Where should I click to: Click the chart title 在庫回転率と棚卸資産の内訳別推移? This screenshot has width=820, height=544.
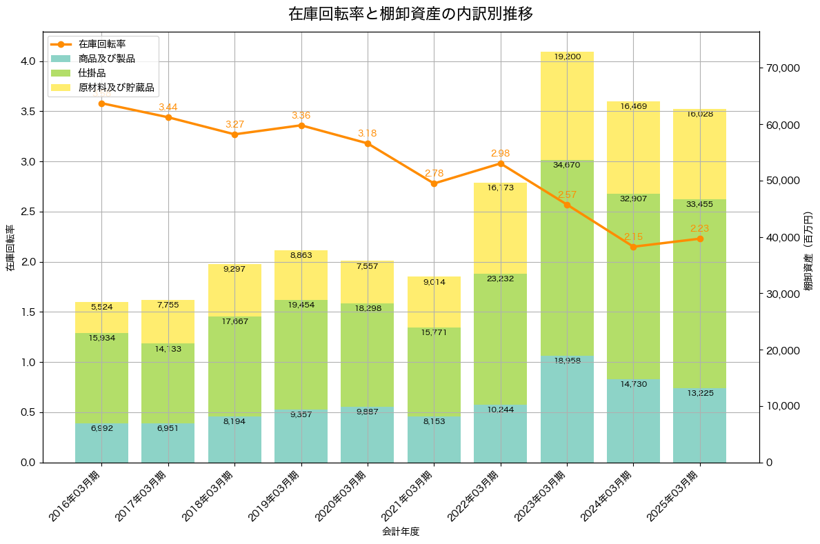[x=410, y=14]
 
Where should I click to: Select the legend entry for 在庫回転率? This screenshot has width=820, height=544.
[x=112, y=45]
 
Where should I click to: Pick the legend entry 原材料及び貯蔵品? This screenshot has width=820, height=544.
[x=116, y=88]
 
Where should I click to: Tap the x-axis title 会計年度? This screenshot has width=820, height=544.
[x=401, y=532]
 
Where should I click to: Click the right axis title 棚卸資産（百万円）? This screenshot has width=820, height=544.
[x=808, y=247]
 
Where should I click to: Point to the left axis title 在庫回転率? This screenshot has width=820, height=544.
[x=10, y=248]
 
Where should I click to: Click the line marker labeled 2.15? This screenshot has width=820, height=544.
[x=633, y=247]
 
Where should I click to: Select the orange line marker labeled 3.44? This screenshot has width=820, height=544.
[x=168, y=117]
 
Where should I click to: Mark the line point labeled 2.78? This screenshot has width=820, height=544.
[x=434, y=183]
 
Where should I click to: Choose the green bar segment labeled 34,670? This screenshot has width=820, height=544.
[x=567, y=259]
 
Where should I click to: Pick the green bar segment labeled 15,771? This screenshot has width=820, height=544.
[x=434, y=372]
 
